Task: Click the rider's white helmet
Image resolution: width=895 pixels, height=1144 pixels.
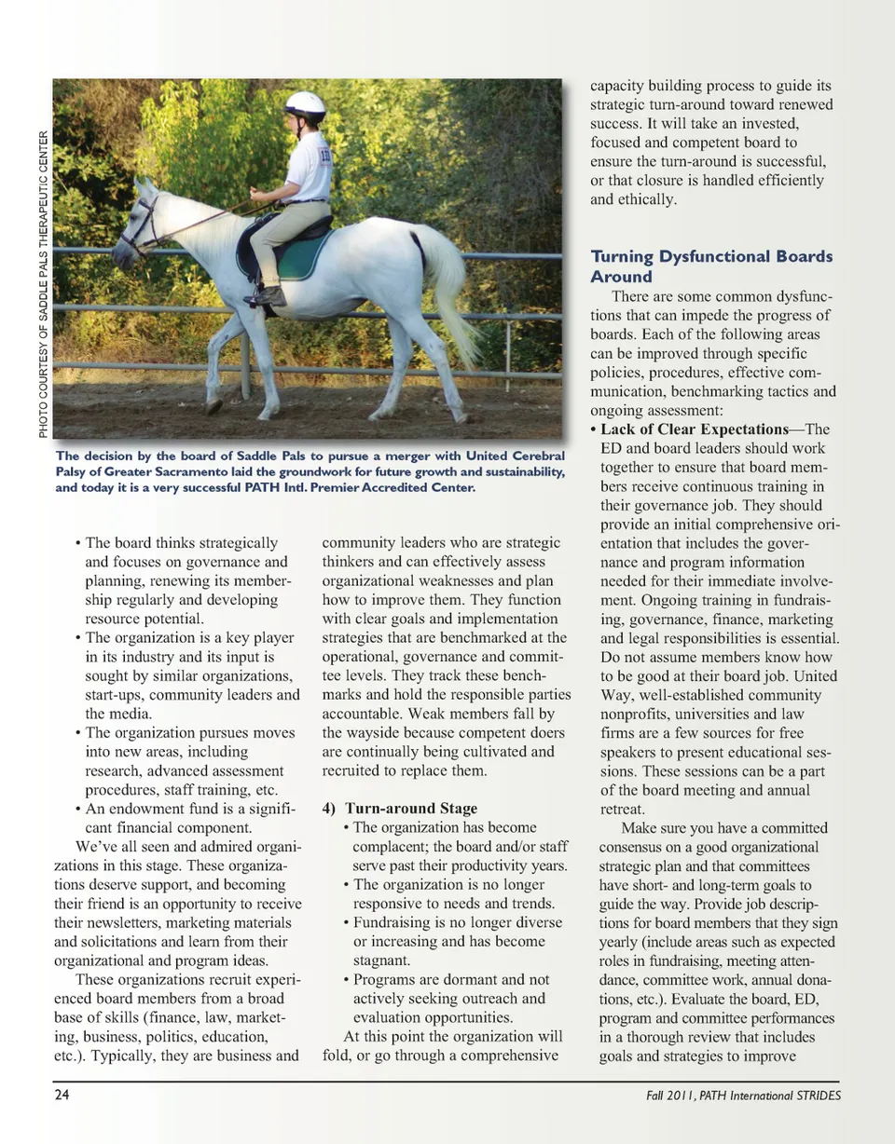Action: point(305,104)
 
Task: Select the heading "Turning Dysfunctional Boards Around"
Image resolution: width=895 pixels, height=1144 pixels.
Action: point(711,266)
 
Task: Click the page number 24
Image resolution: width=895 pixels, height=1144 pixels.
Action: point(62,1095)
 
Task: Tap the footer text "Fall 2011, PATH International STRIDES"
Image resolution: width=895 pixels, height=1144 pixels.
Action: point(743,1096)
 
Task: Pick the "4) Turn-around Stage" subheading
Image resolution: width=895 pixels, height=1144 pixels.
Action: point(399,809)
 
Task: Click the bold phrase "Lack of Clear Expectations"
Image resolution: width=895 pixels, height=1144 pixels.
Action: point(695,429)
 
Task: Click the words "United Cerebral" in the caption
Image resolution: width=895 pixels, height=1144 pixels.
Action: point(510,456)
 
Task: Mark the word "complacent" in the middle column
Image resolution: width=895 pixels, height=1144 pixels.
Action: point(389,847)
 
